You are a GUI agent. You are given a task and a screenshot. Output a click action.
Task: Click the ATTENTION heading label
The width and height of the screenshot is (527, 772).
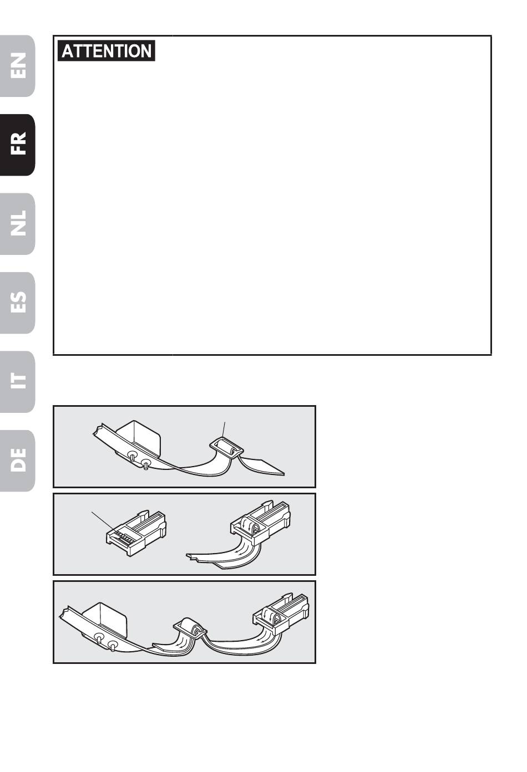(106, 50)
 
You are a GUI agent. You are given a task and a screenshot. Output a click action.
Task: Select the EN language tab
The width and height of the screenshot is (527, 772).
(17, 66)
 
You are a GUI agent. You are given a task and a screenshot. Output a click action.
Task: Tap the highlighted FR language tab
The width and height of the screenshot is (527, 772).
(17, 145)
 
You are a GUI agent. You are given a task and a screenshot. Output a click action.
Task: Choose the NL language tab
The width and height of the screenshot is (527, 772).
(17, 224)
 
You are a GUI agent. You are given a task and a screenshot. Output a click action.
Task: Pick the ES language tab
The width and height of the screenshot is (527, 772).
(17, 303)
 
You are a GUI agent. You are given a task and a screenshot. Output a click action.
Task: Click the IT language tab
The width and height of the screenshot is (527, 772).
(17, 381)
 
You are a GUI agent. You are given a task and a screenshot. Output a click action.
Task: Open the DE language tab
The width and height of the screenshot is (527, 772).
(17, 461)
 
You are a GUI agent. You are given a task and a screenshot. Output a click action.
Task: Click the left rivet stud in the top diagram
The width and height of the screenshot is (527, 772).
(131, 455)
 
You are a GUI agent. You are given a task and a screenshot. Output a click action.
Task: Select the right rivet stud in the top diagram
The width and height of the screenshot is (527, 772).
(146, 463)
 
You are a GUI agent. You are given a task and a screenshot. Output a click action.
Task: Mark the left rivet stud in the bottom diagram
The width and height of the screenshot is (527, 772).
(99, 637)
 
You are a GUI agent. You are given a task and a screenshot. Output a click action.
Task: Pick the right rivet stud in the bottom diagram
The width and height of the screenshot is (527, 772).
(113, 646)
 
